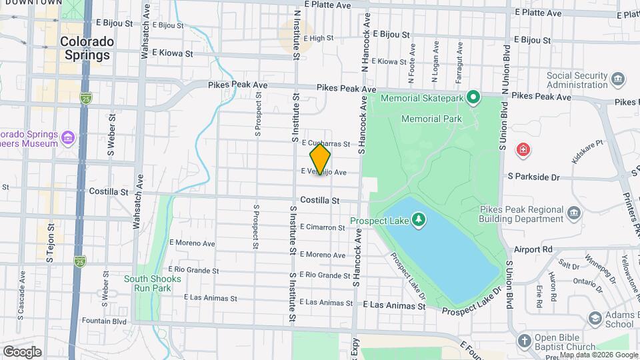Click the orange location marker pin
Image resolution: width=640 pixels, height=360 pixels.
(321, 160)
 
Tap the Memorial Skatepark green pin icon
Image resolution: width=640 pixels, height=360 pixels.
(473, 99)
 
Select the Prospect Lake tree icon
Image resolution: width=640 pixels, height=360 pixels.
(418, 220)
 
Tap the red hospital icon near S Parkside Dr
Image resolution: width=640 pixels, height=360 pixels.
(524, 148)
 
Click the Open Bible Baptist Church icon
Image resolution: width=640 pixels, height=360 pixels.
(525, 341)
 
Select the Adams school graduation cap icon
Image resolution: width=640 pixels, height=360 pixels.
(593, 319)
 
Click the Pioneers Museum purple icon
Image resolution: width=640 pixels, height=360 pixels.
(67, 139)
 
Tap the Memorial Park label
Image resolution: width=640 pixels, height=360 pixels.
(432, 119)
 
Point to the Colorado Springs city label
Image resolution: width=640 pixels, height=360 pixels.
(87, 48)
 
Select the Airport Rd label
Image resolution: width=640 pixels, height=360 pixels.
(533, 249)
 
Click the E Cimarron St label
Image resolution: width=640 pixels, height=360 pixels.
(323, 227)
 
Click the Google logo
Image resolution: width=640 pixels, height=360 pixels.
(22, 351)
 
